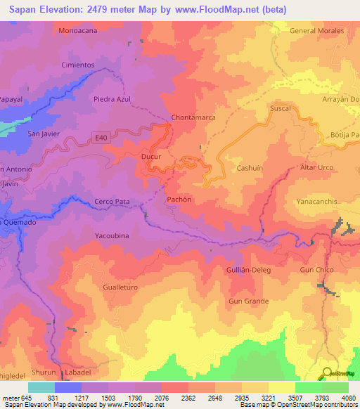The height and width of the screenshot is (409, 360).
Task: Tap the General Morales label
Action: pyautogui.click(x=317, y=31)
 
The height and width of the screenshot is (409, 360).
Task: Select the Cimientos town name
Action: pyautogui.click(x=78, y=65)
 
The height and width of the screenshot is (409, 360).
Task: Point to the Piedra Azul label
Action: pyautogui.click(x=112, y=99)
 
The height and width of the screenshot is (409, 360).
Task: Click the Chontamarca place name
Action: pyautogui.click(x=193, y=117)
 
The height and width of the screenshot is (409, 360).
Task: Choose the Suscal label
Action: pyautogui.click(x=280, y=110)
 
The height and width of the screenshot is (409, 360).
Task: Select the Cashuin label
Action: pyautogui.click(x=250, y=168)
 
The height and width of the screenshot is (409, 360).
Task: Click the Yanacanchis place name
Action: pyautogui.click(x=316, y=202)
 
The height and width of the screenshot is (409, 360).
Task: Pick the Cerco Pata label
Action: pyautogui.click(x=112, y=202)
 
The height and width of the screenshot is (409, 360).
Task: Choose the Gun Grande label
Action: pyautogui.click(x=248, y=301)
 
